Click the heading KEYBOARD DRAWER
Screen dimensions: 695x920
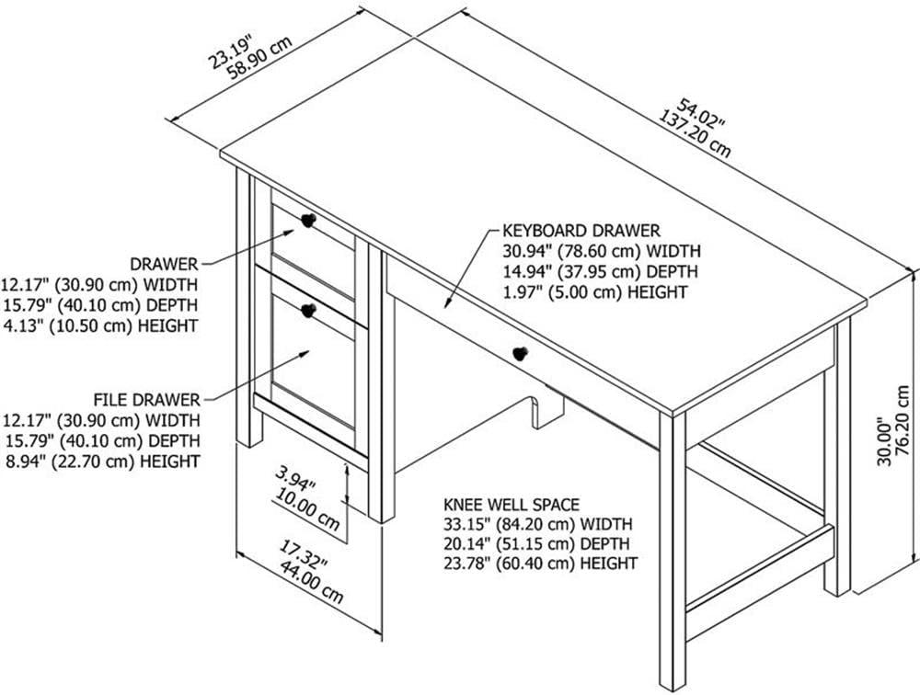pos(581,230)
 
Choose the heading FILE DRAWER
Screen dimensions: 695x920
pos(146,400)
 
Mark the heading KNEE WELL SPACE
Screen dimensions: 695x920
pos(512,505)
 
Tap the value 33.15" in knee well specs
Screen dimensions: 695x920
pos(466,524)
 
